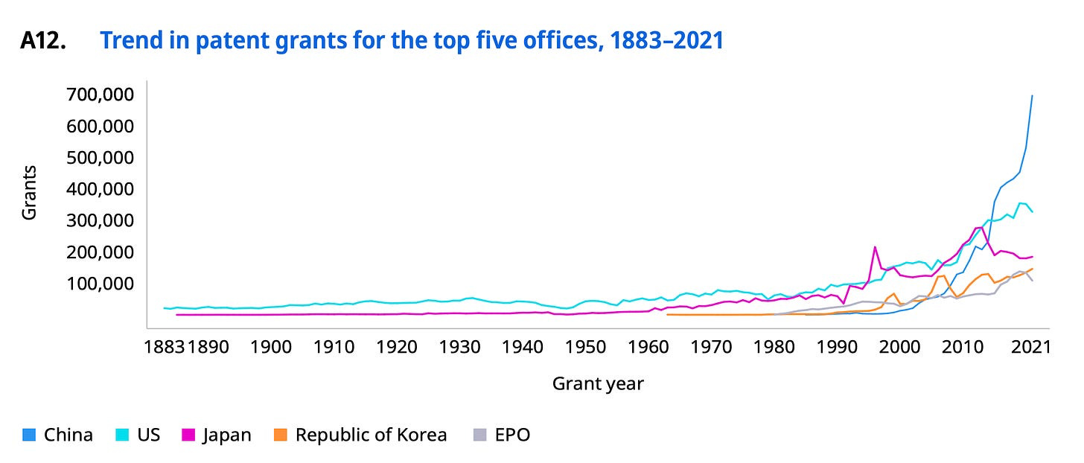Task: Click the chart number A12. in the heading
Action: pos(43,41)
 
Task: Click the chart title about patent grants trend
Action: pos(411,41)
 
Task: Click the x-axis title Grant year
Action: pos(597,384)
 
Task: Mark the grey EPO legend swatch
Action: pos(480,435)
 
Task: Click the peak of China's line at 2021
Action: pos(1032,96)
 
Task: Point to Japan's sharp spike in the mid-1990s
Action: pos(875,247)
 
